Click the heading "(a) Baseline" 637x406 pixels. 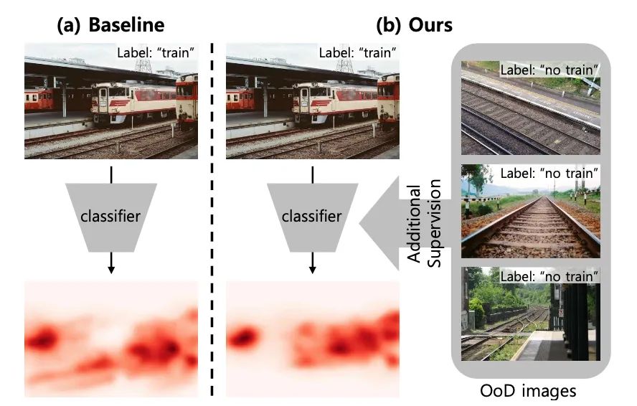point(110,25)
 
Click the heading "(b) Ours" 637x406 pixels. point(414,25)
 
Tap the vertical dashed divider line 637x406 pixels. point(212,215)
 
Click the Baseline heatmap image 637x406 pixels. point(110,339)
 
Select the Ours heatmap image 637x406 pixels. point(312,339)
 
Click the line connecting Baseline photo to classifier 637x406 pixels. point(110,174)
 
